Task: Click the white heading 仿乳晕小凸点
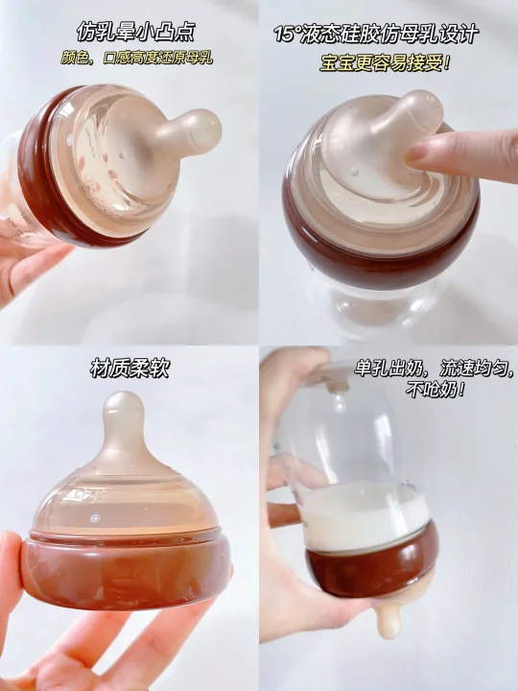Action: pos(135,32)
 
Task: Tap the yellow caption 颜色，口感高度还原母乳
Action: pos(136,59)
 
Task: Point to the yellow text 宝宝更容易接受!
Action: pos(386,63)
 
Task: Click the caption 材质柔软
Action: pos(129,369)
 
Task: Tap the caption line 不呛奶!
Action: pos(436,390)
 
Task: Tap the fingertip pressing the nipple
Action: pos(415,154)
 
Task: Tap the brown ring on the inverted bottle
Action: pos(372,564)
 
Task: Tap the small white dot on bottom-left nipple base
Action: pos(94,517)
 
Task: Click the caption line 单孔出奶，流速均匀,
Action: pos(435,369)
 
